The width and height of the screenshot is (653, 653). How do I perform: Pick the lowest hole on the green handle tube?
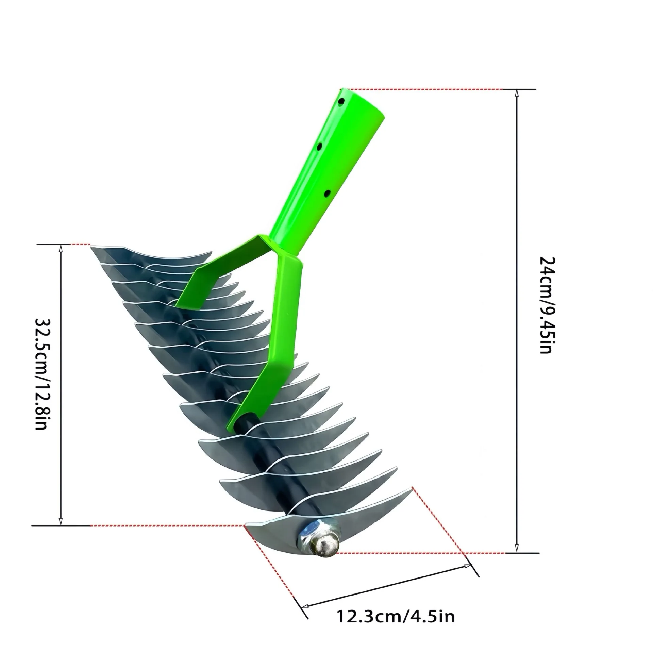[328, 194]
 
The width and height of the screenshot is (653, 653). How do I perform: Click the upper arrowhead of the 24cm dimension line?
[517, 93]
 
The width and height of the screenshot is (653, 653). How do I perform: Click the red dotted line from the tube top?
[425, 89]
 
